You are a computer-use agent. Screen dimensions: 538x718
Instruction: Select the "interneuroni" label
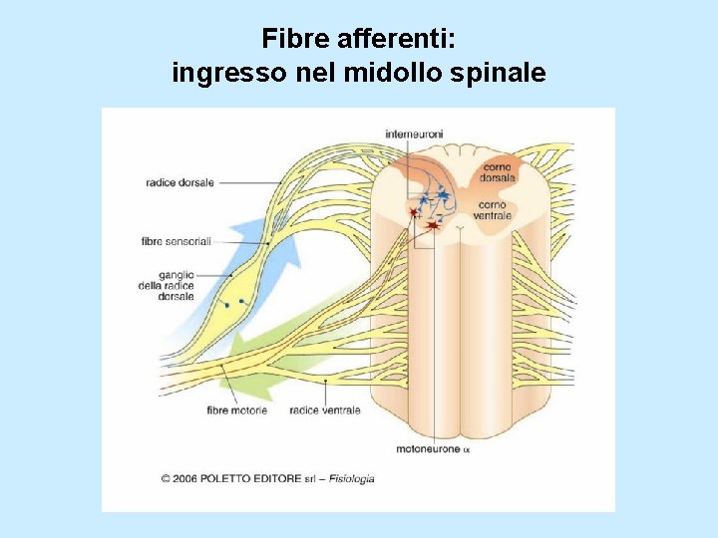click(415, 133)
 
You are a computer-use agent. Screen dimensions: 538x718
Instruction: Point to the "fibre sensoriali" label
click(177, 241)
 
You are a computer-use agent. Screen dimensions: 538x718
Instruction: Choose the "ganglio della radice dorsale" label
click(167, 285)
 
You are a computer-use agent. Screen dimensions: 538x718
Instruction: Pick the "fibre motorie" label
click(236, 410)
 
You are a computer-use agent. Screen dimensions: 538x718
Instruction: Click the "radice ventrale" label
click(324, 410)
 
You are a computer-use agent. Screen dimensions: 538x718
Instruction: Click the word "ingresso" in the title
click(222, 73)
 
